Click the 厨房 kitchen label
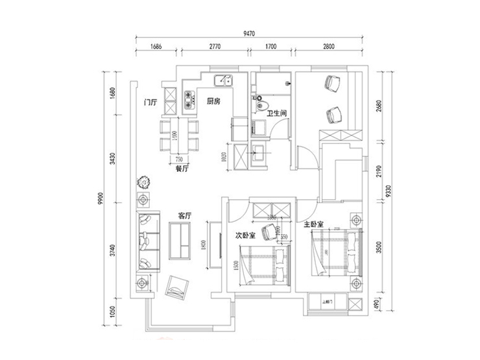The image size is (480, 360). click(x=215, y=101)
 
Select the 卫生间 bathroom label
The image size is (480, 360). click(x=277, y=113)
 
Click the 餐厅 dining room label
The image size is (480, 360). click(x=182, y=169)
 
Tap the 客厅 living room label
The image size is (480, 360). click(x=184, y=215)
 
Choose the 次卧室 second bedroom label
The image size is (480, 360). click(x=245, y=235)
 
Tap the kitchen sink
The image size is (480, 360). click(x=225, y=81)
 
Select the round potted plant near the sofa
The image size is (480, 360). click(x=143, y=182)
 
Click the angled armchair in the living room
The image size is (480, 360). click(x=176, y=285)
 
